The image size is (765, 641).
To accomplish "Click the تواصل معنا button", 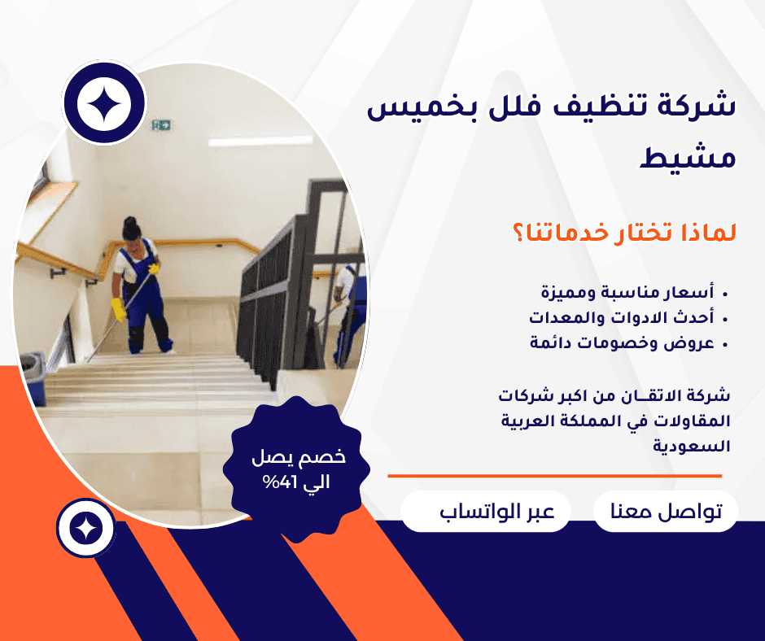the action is click(x=666, y=511).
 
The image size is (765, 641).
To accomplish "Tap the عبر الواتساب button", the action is click(x=485, y=511).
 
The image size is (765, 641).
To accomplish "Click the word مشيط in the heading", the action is click(x=688, y=157).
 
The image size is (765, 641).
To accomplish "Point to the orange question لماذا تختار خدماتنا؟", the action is click(x=624, y=232).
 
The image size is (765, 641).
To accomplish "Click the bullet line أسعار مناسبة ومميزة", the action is click(x=627, y=293).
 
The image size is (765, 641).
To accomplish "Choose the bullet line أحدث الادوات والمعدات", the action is click(x=622, y=318).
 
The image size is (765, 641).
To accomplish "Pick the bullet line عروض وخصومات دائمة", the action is click(x=622, y=343).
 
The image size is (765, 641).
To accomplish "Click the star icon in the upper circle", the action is click(x=104, y=103).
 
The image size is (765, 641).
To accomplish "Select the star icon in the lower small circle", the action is click(x=86, y=528).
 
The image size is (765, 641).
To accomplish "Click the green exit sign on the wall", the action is click(x=161, y=125).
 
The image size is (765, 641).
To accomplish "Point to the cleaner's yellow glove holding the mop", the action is click(x=118, y=310).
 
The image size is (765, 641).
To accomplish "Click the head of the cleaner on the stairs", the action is click(x=131, y=229).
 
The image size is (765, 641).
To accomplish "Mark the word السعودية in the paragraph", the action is click(x=691, y=446).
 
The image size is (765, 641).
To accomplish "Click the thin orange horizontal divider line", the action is click(x=555, y=476).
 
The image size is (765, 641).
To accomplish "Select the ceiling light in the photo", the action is click(x=260, y=142).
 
